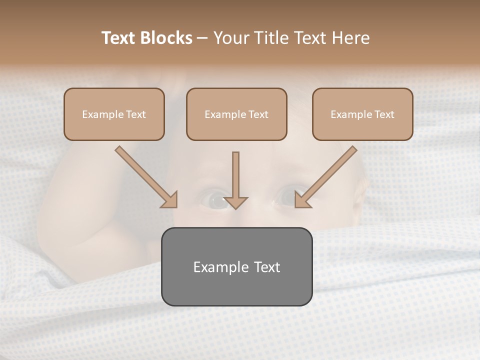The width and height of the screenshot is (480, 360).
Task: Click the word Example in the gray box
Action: [217, 267]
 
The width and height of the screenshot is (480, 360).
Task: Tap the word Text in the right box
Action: [384, 114]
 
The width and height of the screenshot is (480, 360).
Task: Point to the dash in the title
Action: [202, 38]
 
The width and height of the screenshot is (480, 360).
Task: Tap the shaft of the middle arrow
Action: [235, 172]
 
